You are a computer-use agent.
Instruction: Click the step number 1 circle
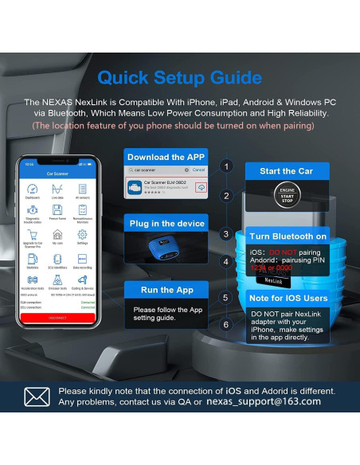226,166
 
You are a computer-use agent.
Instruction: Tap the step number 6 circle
226,324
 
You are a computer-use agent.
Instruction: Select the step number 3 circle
226,234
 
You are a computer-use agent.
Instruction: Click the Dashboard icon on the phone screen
33,192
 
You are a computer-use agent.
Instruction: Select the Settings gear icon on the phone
82,235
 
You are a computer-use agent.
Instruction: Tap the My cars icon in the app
57,235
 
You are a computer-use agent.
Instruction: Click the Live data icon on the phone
57,192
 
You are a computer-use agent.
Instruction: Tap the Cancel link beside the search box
198,170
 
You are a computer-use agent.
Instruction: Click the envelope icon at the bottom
37,396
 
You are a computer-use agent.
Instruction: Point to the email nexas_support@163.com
263,401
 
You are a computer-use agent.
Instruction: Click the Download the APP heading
166,156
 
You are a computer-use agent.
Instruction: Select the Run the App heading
166,290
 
